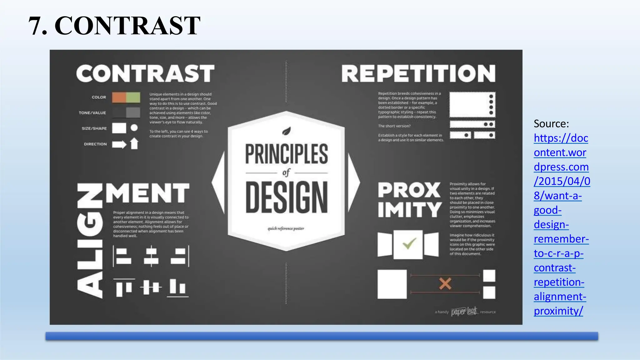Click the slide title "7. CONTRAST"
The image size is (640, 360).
(114, 26)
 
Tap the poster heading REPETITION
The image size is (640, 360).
(418, 74)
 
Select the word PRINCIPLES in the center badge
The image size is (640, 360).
(287, 154)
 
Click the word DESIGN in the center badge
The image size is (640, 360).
(287, 197)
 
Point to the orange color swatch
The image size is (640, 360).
(119, 97)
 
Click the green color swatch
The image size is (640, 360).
(133, 97)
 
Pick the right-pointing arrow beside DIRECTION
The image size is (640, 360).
(119, 144)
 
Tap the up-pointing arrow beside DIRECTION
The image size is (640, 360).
(134, 143)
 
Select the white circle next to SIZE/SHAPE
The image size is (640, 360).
(134, 128)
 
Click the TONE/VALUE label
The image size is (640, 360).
(92, 113)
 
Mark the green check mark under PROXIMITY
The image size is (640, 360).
(409, 243)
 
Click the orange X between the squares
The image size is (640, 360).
(445, 284)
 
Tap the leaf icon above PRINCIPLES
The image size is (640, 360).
(287, 131)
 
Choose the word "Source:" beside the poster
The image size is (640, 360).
(551, 124)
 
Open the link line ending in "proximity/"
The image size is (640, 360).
(558, 311)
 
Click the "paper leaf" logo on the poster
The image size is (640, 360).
(464, 311)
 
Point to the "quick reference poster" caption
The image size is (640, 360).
(286, 228)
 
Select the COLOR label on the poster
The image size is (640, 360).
(99, 97)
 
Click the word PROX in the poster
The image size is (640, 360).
(409, 190)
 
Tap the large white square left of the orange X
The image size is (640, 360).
(392, 284)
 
